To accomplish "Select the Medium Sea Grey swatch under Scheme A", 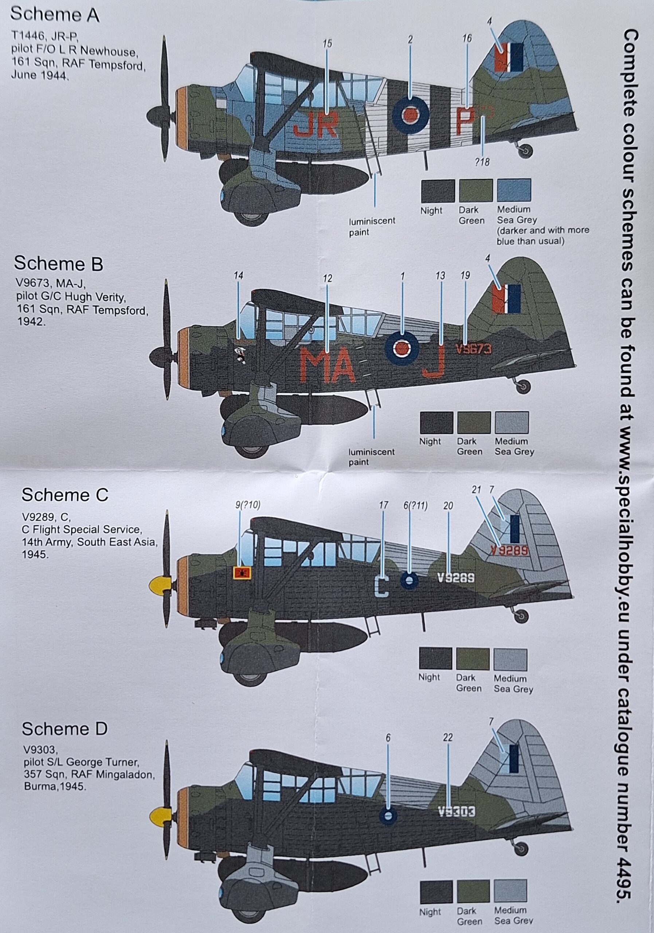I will [514, 190].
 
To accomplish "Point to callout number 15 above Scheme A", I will [327, 44].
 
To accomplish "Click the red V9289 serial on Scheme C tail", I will [509, 551].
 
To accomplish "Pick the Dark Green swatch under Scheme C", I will [473, 659].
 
